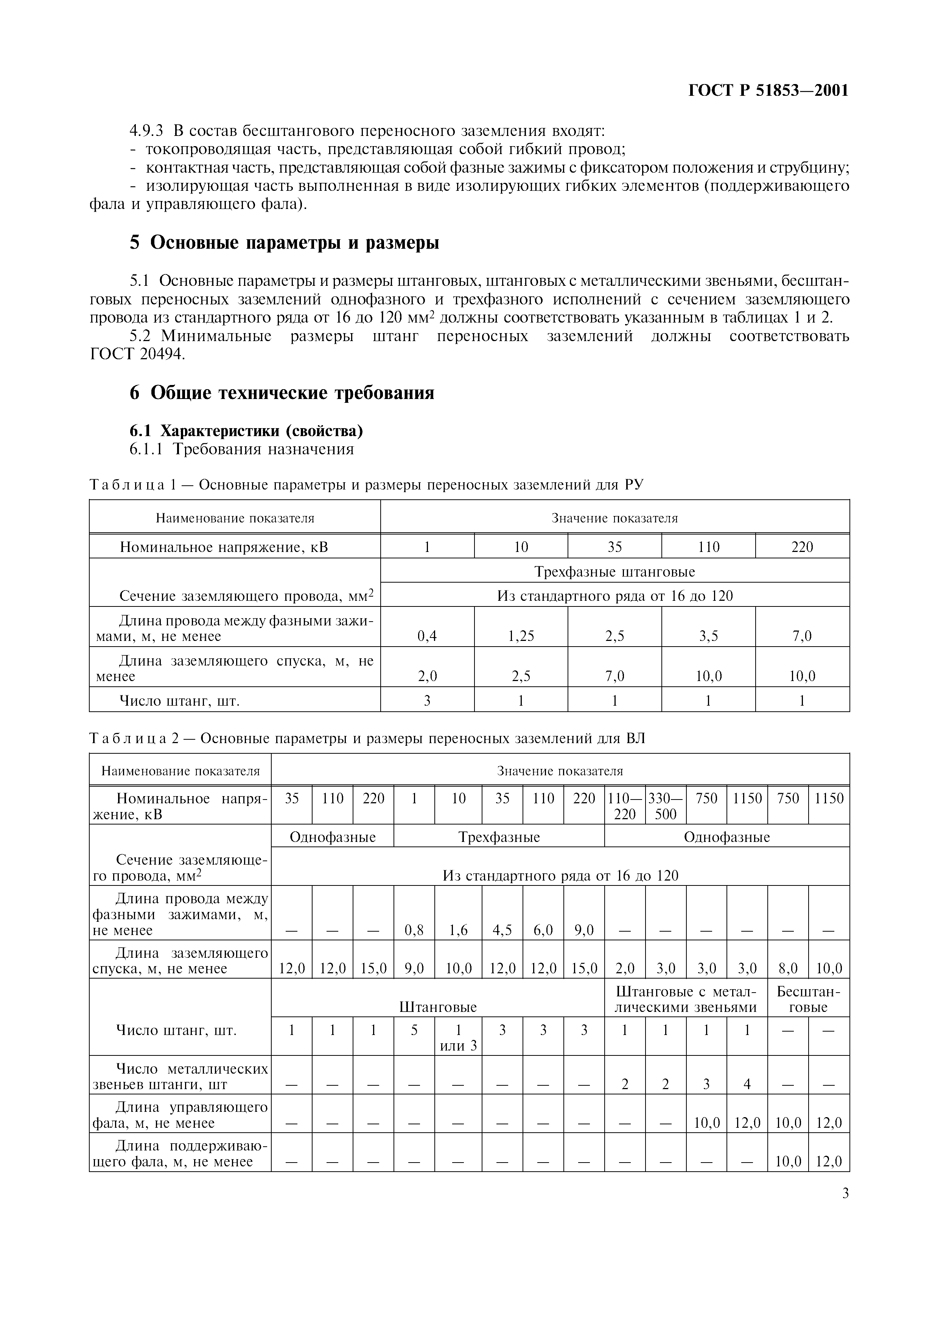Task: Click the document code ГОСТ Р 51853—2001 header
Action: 768,91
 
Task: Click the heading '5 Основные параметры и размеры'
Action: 284,243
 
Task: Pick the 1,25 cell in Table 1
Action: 521,636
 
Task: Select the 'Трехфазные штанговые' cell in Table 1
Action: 614,572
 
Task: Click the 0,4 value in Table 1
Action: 427,636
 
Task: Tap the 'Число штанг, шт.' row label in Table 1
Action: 179,701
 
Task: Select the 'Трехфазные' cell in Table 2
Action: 499,837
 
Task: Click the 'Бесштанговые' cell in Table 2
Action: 808,999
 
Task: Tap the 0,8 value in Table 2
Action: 414,930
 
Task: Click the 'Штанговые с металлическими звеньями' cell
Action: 686,999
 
